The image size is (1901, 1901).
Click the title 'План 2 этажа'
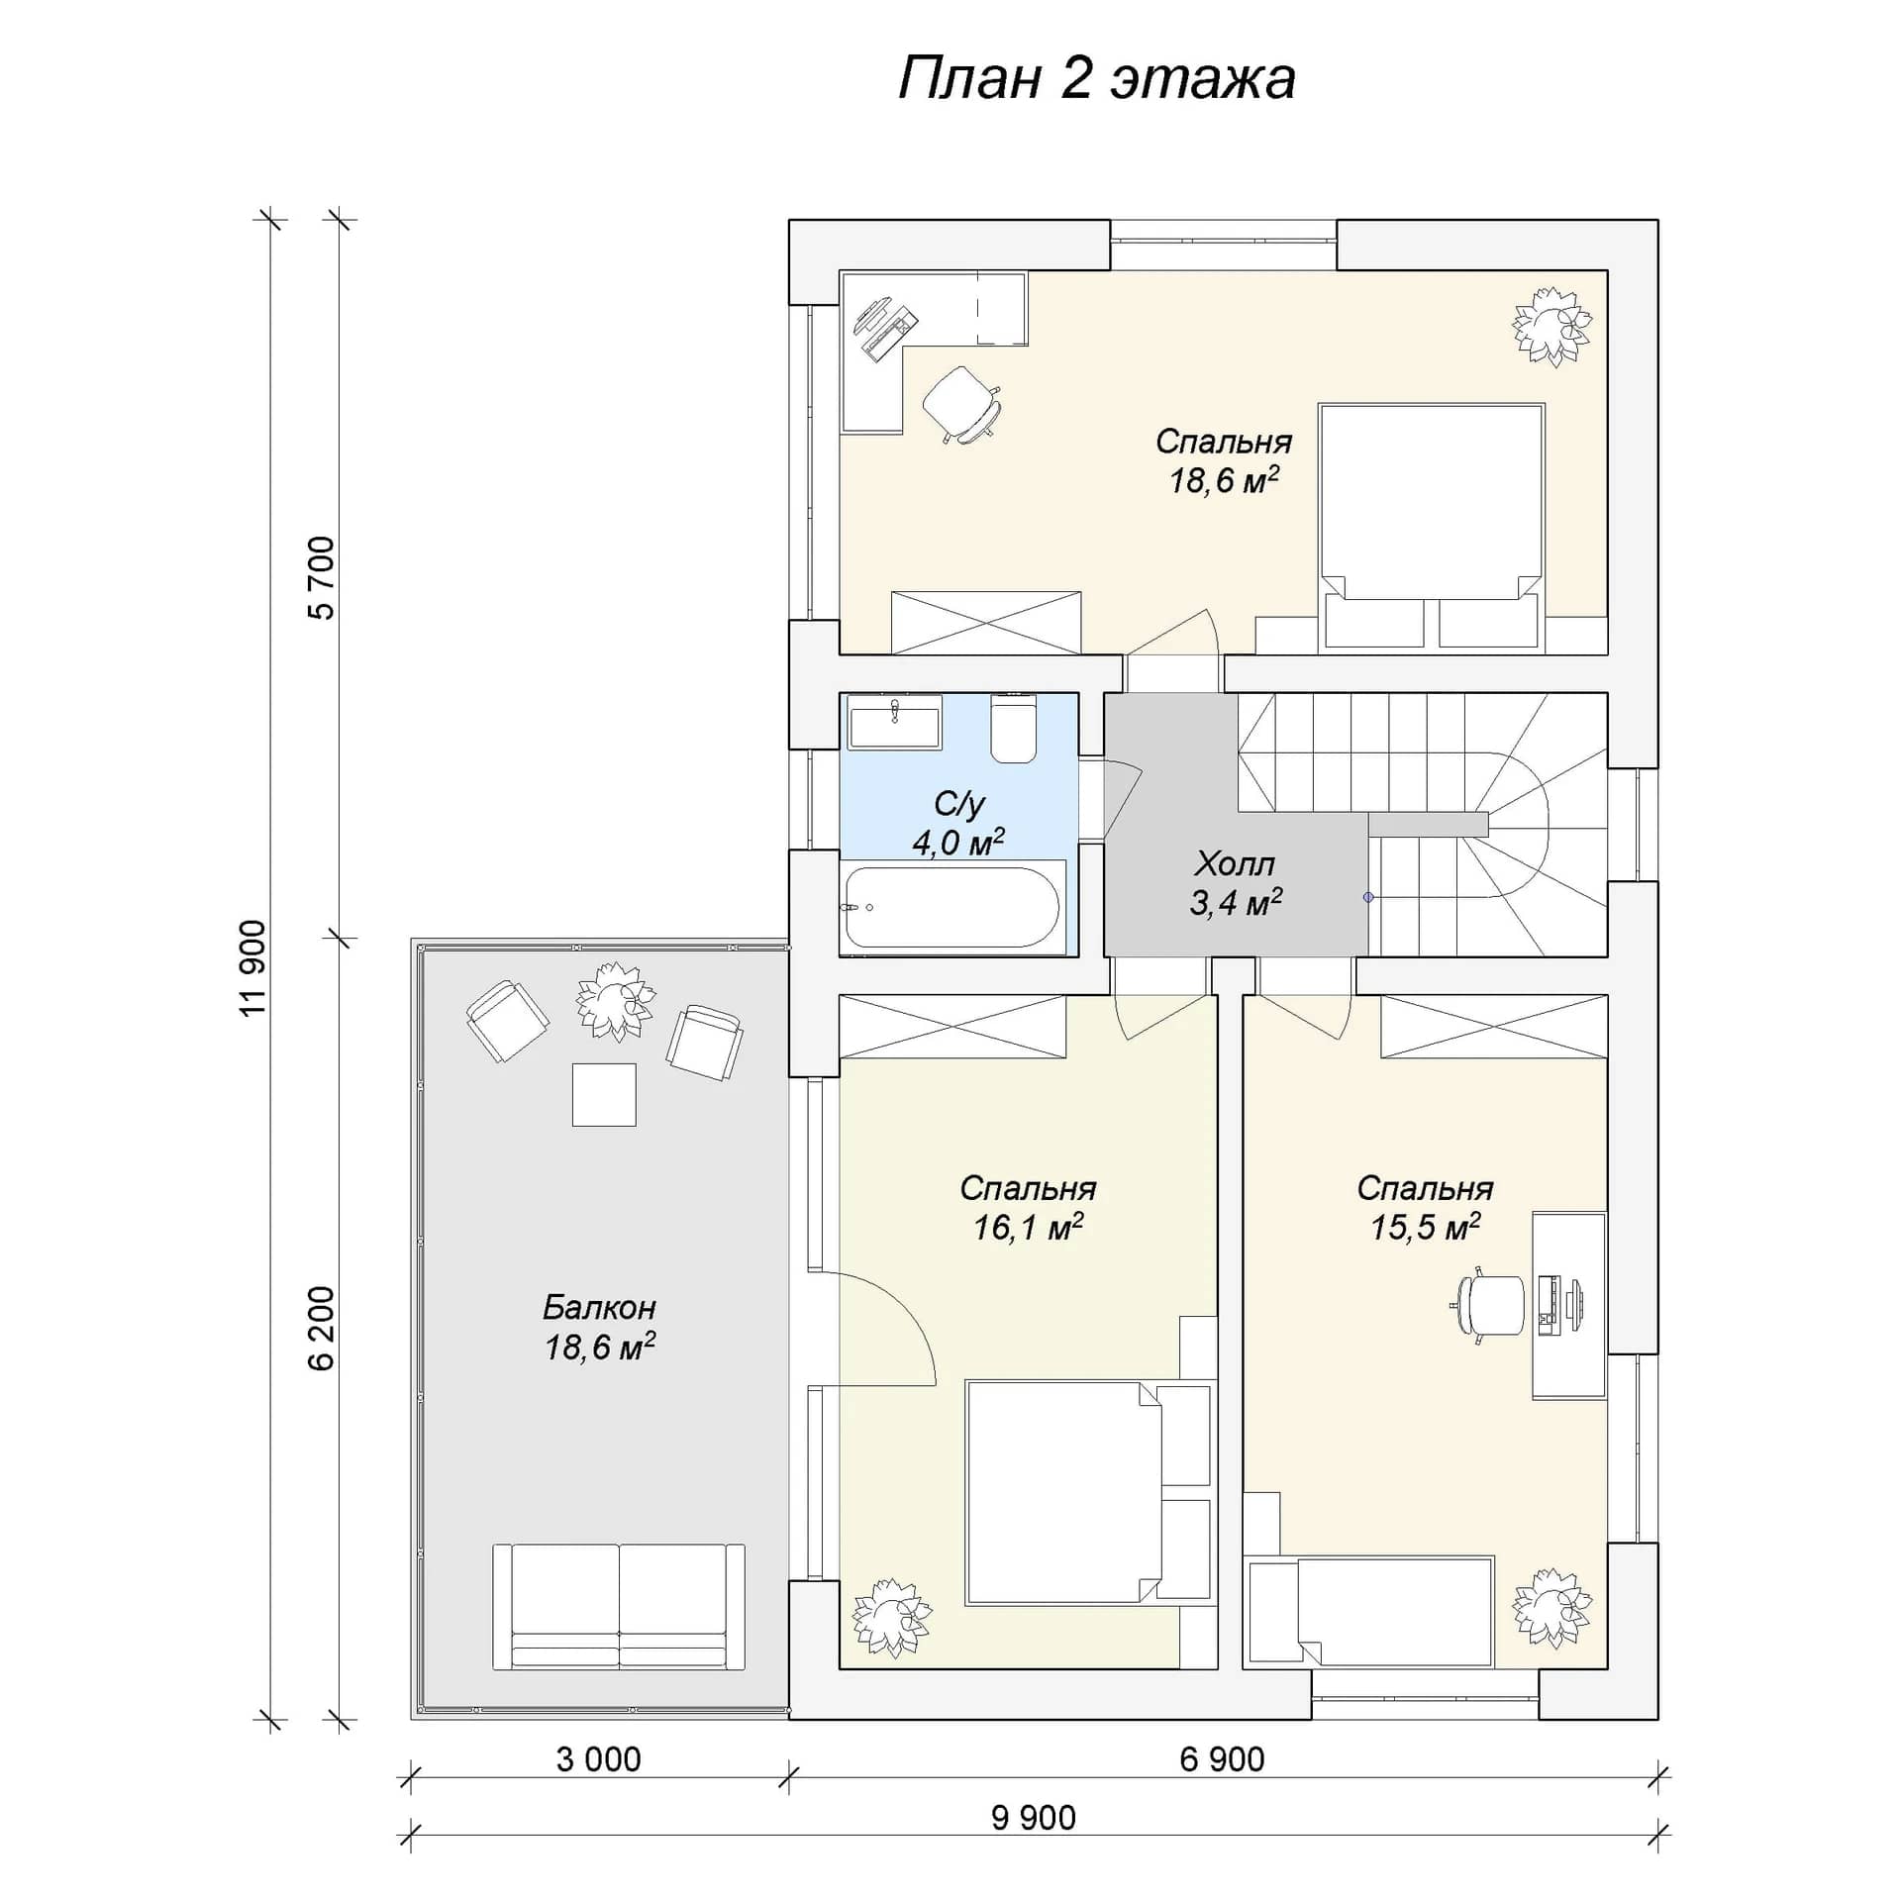point(1096,79)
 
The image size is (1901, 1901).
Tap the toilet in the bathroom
point(1013,729)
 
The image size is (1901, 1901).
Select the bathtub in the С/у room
point(952,907)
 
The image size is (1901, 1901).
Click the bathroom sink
point(894,721)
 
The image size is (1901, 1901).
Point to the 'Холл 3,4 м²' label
point(1236,883)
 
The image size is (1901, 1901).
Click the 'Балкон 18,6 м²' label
point(600,1327)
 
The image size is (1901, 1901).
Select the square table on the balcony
point(604,1094)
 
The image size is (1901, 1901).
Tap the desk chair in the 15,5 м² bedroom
point(1488,1305)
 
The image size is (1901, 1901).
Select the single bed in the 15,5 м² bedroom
point(1371,1613)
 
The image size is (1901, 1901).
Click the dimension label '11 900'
point(252,967)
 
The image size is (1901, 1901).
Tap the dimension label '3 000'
point(598,1759)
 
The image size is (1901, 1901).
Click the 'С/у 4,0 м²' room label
point(958,823)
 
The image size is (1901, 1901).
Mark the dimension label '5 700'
point(322,578)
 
